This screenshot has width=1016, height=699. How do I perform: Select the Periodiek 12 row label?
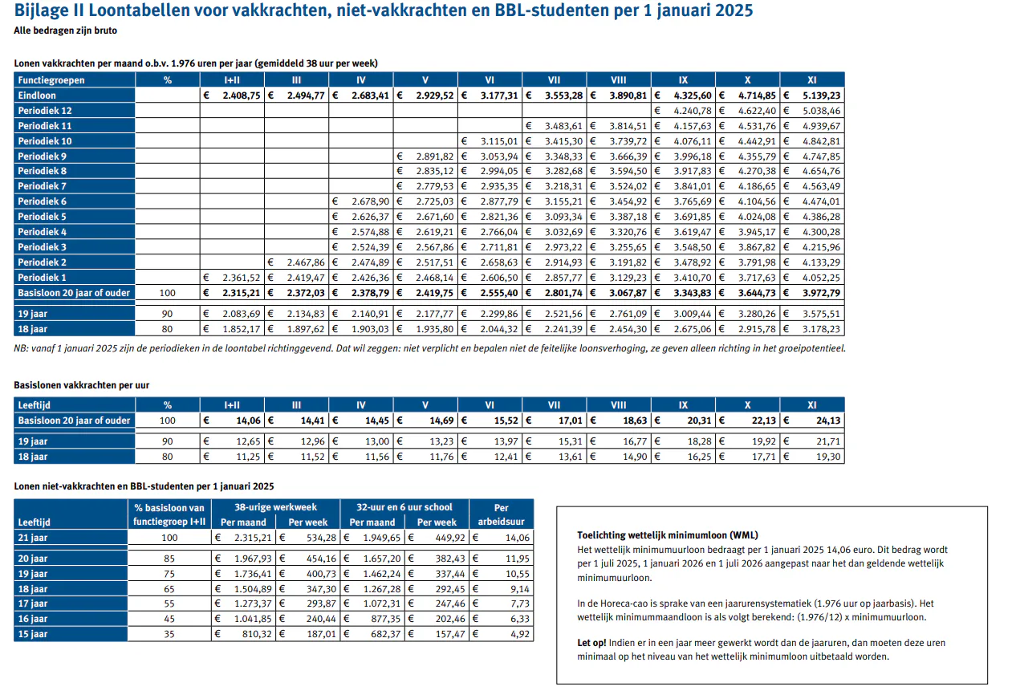click(45, 111)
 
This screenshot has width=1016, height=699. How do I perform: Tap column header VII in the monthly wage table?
click(554, 80)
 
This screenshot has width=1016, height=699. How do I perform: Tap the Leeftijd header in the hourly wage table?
click(35, 406)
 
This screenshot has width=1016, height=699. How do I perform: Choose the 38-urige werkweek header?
click(275, 507)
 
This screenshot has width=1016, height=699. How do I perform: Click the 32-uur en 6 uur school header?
click(405, 507)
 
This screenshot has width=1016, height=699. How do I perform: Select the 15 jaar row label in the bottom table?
click(33, 634)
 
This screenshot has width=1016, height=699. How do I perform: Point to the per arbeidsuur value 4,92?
click(522, 634)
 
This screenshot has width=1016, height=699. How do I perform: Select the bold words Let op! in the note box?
click(591, 643)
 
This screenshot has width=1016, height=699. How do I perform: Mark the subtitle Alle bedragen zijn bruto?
click(64, 30)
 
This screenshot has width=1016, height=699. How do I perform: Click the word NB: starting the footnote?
click(22, 348)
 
